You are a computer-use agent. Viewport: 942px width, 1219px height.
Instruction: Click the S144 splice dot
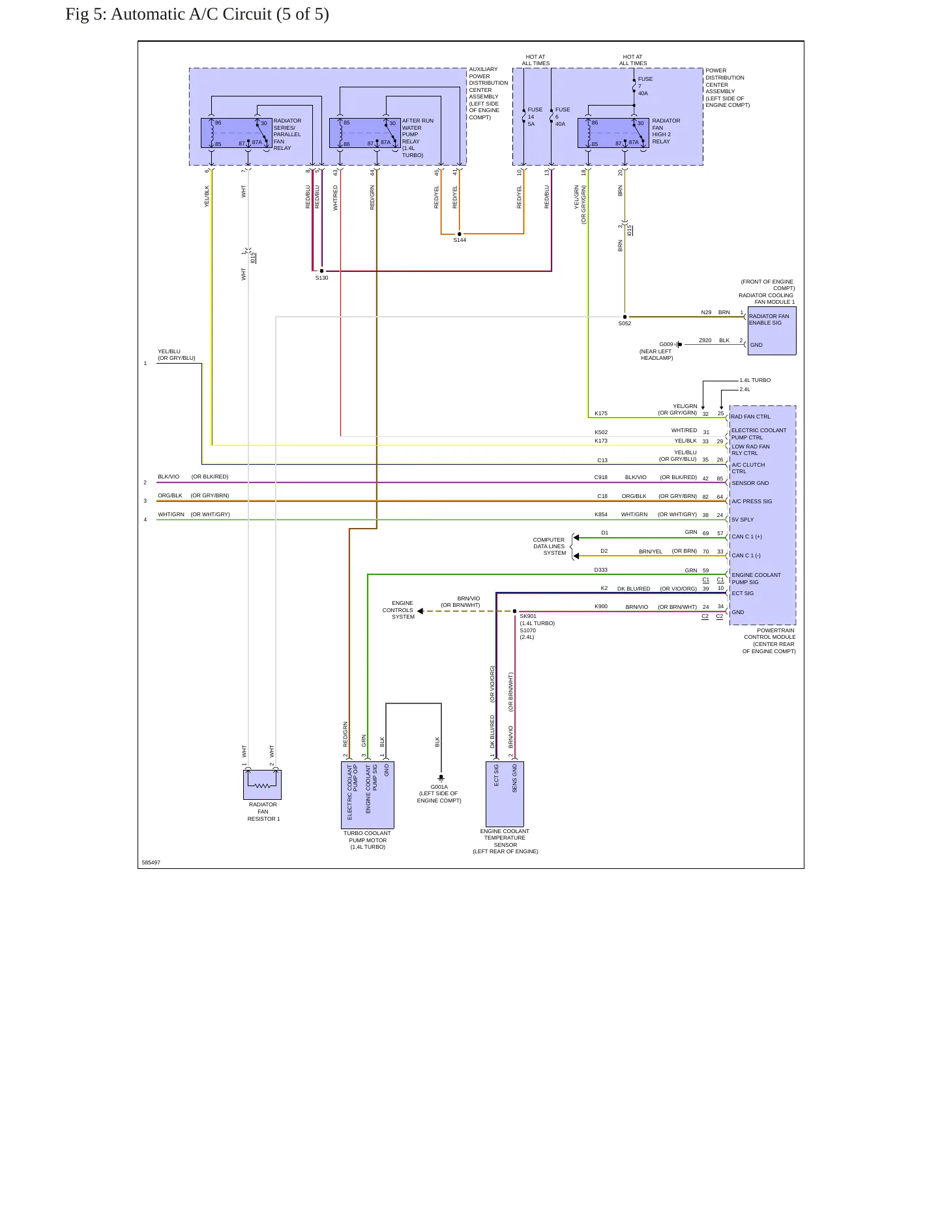tap(460, 233)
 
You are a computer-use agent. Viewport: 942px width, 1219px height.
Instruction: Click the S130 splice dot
tap(321, 271)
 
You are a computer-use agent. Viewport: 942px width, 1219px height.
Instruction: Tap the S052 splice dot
tap(625, 317)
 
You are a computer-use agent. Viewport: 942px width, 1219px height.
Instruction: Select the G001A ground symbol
tap(441, 778)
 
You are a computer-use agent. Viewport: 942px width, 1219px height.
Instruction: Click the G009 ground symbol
tap(679, 344)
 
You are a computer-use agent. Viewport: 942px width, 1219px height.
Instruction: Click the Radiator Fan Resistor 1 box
tap(262, 785)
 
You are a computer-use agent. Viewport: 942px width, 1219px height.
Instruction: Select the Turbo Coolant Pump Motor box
tap(368, 795)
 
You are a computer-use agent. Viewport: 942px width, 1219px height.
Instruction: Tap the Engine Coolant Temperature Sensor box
tap(505, 794)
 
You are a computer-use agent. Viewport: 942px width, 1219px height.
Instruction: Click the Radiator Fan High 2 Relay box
tap(613, 133)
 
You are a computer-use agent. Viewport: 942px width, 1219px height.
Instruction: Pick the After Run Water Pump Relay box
tap(365, 133)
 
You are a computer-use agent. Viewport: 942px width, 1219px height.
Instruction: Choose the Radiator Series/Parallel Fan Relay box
tap(237, 133)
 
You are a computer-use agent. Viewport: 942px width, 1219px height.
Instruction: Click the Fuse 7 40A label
tap(645, 86)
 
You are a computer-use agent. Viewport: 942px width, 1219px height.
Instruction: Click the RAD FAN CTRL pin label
tap(750, 417)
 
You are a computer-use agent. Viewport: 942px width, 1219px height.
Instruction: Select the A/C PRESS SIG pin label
tap(752, 501)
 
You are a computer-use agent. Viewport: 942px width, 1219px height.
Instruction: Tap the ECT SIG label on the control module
tap(743, 593)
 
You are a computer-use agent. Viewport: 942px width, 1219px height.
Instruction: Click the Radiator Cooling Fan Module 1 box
tap(772, 330)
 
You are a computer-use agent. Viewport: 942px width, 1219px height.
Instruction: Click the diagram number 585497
tap(151, 862)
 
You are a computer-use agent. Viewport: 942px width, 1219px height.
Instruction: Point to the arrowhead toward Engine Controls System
tap(420, 611)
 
